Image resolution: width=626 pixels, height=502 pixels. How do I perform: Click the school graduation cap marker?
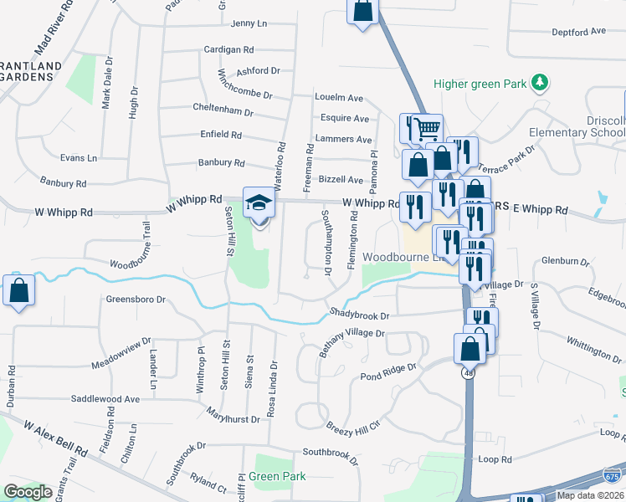(258, 203)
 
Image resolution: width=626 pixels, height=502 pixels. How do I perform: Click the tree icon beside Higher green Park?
(541, 82)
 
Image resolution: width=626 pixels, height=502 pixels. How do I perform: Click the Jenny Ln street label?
(247, 23)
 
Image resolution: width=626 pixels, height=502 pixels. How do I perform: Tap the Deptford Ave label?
(578, 32)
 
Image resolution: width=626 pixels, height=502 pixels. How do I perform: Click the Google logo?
(28, 492)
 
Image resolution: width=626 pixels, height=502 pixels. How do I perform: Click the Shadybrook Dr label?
(360, 315)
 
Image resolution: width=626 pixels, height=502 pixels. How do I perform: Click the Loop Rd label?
(495, 460)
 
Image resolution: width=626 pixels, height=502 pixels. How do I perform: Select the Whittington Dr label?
(593, 344)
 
